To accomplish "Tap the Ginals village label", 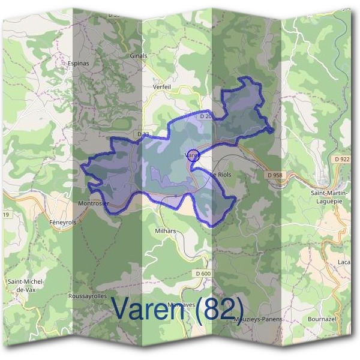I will pyautogui.click(x=138, y=56).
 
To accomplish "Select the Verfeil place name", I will pyautogui.click(x=162, y=86).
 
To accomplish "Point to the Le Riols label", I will pyautogui.click(x=220, y=175).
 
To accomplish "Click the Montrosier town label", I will pyautogui.click(x=94, y=203).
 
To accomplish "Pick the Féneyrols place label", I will pyautogui.click(x=62, y=221).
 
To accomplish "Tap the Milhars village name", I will pyautogui.click(x=165, y=230).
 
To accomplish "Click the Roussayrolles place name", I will pyautogui.click(x=88, y=296).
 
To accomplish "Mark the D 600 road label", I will pyautogui.click(x=203, y=274).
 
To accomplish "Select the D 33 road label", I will pyautogui.click(x=143, y=134).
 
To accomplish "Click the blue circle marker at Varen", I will pyautogui.click(x=193, y=155).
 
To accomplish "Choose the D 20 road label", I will pyautogui.click(x=206, y=116).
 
